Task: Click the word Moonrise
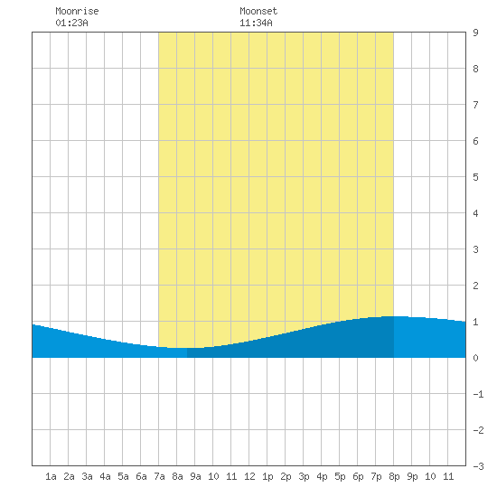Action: (77, 11)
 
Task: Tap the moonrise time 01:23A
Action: (71, 23)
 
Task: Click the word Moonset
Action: (258, 11)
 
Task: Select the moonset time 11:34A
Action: (256, 23)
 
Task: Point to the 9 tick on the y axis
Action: (475, 33)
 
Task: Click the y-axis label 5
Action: (475, 177)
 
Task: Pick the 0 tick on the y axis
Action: (475, 358)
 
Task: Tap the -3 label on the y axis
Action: (478, 466)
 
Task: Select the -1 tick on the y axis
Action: (478, 394)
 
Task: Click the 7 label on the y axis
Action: (475, 105)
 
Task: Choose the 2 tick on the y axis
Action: (475, 286)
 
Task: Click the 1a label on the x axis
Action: (51, 476)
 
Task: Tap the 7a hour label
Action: (159, 476)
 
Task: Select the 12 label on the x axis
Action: (249, 476)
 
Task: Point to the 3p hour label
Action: (304, 476)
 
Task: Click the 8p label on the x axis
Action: (394, 476)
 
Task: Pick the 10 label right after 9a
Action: (213, 476)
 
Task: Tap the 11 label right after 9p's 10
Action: (448, 476)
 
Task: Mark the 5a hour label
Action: (123, 476)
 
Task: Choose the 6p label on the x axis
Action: (358, 476)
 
